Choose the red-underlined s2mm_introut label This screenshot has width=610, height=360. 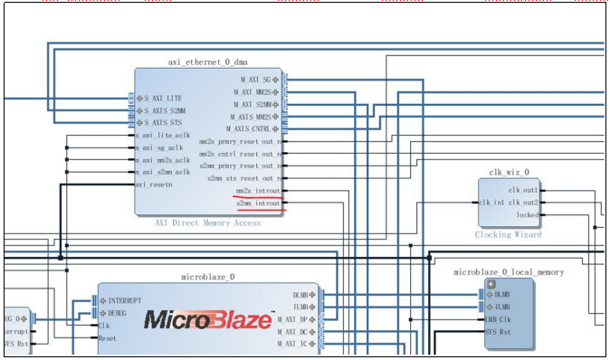pyautogui.click(x=258, y=204)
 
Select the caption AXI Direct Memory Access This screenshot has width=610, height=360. pyautogui.click(x=210, y=223)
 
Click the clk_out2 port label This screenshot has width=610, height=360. pyautogui.click(x=523, y=203)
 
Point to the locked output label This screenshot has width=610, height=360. pyautogui.click(x=526, y=214)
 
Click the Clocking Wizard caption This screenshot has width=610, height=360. pyautogui.click(x=509, y=234)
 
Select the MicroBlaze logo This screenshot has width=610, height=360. pyautogui.click(x=208, y=319)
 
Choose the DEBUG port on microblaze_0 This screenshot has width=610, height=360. pyautogui.click(x=124, y=313)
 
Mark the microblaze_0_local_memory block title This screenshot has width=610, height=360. pyautogui.click(x=509, y=271)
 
